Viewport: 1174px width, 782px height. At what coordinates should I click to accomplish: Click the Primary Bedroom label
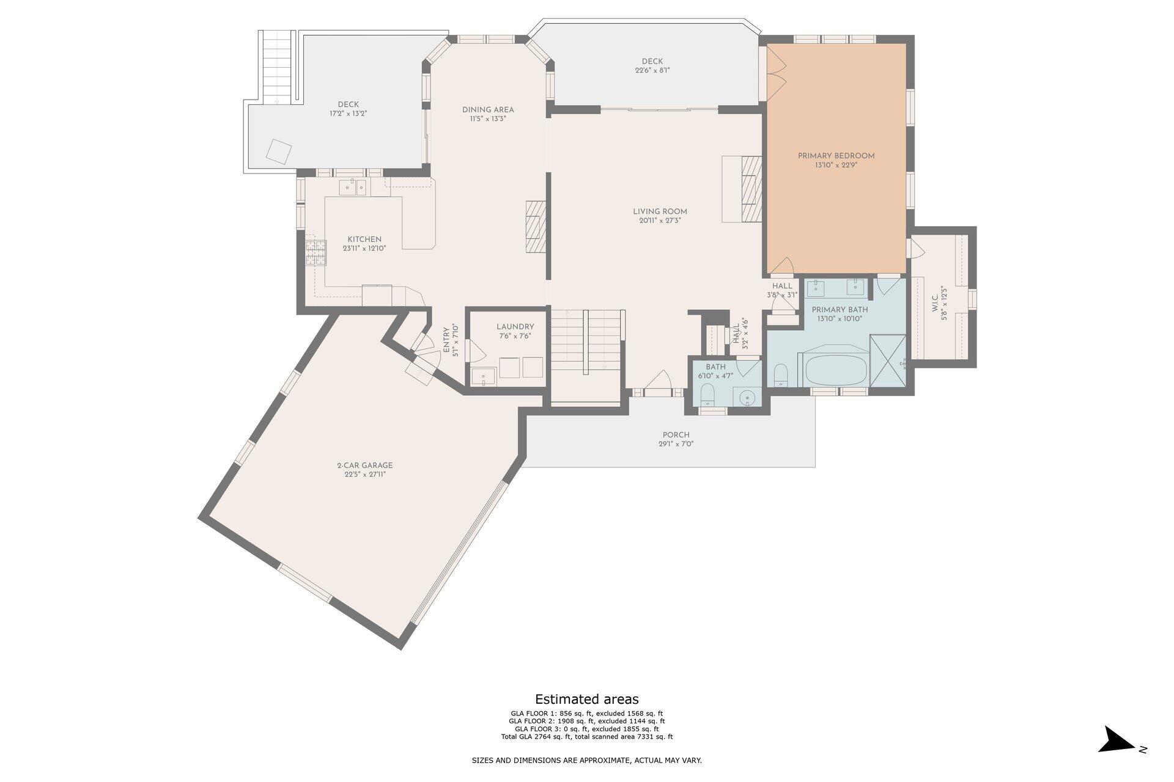836,156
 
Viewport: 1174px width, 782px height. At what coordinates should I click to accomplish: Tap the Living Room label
660,212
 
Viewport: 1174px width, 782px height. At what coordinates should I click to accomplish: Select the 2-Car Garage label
364,466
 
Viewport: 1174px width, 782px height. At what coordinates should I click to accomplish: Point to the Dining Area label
488,110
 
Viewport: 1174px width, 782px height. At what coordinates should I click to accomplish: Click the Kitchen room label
364,239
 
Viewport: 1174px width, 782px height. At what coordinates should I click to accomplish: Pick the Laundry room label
515,327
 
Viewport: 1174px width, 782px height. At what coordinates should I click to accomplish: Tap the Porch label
676,435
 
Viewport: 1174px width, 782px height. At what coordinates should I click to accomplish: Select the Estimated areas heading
587,699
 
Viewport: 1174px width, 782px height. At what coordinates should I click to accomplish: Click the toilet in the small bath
707,395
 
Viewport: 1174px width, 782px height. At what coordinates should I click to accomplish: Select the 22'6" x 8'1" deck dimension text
652,70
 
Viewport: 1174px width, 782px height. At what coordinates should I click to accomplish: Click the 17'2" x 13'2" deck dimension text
348,113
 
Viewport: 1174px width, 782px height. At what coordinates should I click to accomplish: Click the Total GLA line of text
587,737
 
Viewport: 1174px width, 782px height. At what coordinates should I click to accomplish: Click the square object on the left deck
279,152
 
